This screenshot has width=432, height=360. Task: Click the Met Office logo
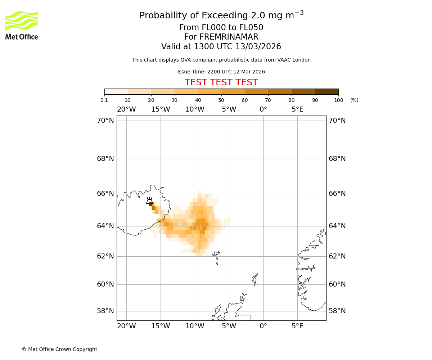coord(22,25)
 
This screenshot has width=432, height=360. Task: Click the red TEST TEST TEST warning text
coord(221,82)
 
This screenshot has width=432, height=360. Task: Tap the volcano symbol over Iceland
coord(149,200)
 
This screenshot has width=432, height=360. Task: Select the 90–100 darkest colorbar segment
coord(327,91)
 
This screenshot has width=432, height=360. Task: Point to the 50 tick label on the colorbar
coord(221,100)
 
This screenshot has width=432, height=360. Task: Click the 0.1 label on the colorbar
coord(104,100)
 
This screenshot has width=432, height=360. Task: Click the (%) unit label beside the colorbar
coord(354,100)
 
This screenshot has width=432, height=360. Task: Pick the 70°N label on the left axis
coord(105,121)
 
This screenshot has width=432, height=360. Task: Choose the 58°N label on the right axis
coord(337,311)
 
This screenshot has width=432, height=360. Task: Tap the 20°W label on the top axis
coord(126,109)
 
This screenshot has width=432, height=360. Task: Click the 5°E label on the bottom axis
coord(297,326)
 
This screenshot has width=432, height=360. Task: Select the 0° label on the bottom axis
coord(263,326)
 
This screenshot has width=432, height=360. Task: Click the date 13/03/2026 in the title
coord(258,47)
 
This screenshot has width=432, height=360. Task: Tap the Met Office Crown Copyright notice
coord(59,349)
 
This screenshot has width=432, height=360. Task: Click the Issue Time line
coord(221,72)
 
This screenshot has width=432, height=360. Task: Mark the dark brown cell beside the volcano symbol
coord(150,204)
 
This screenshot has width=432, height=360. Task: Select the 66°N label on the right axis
coord(337,194)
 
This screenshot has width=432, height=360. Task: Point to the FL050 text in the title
coord(249,28)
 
